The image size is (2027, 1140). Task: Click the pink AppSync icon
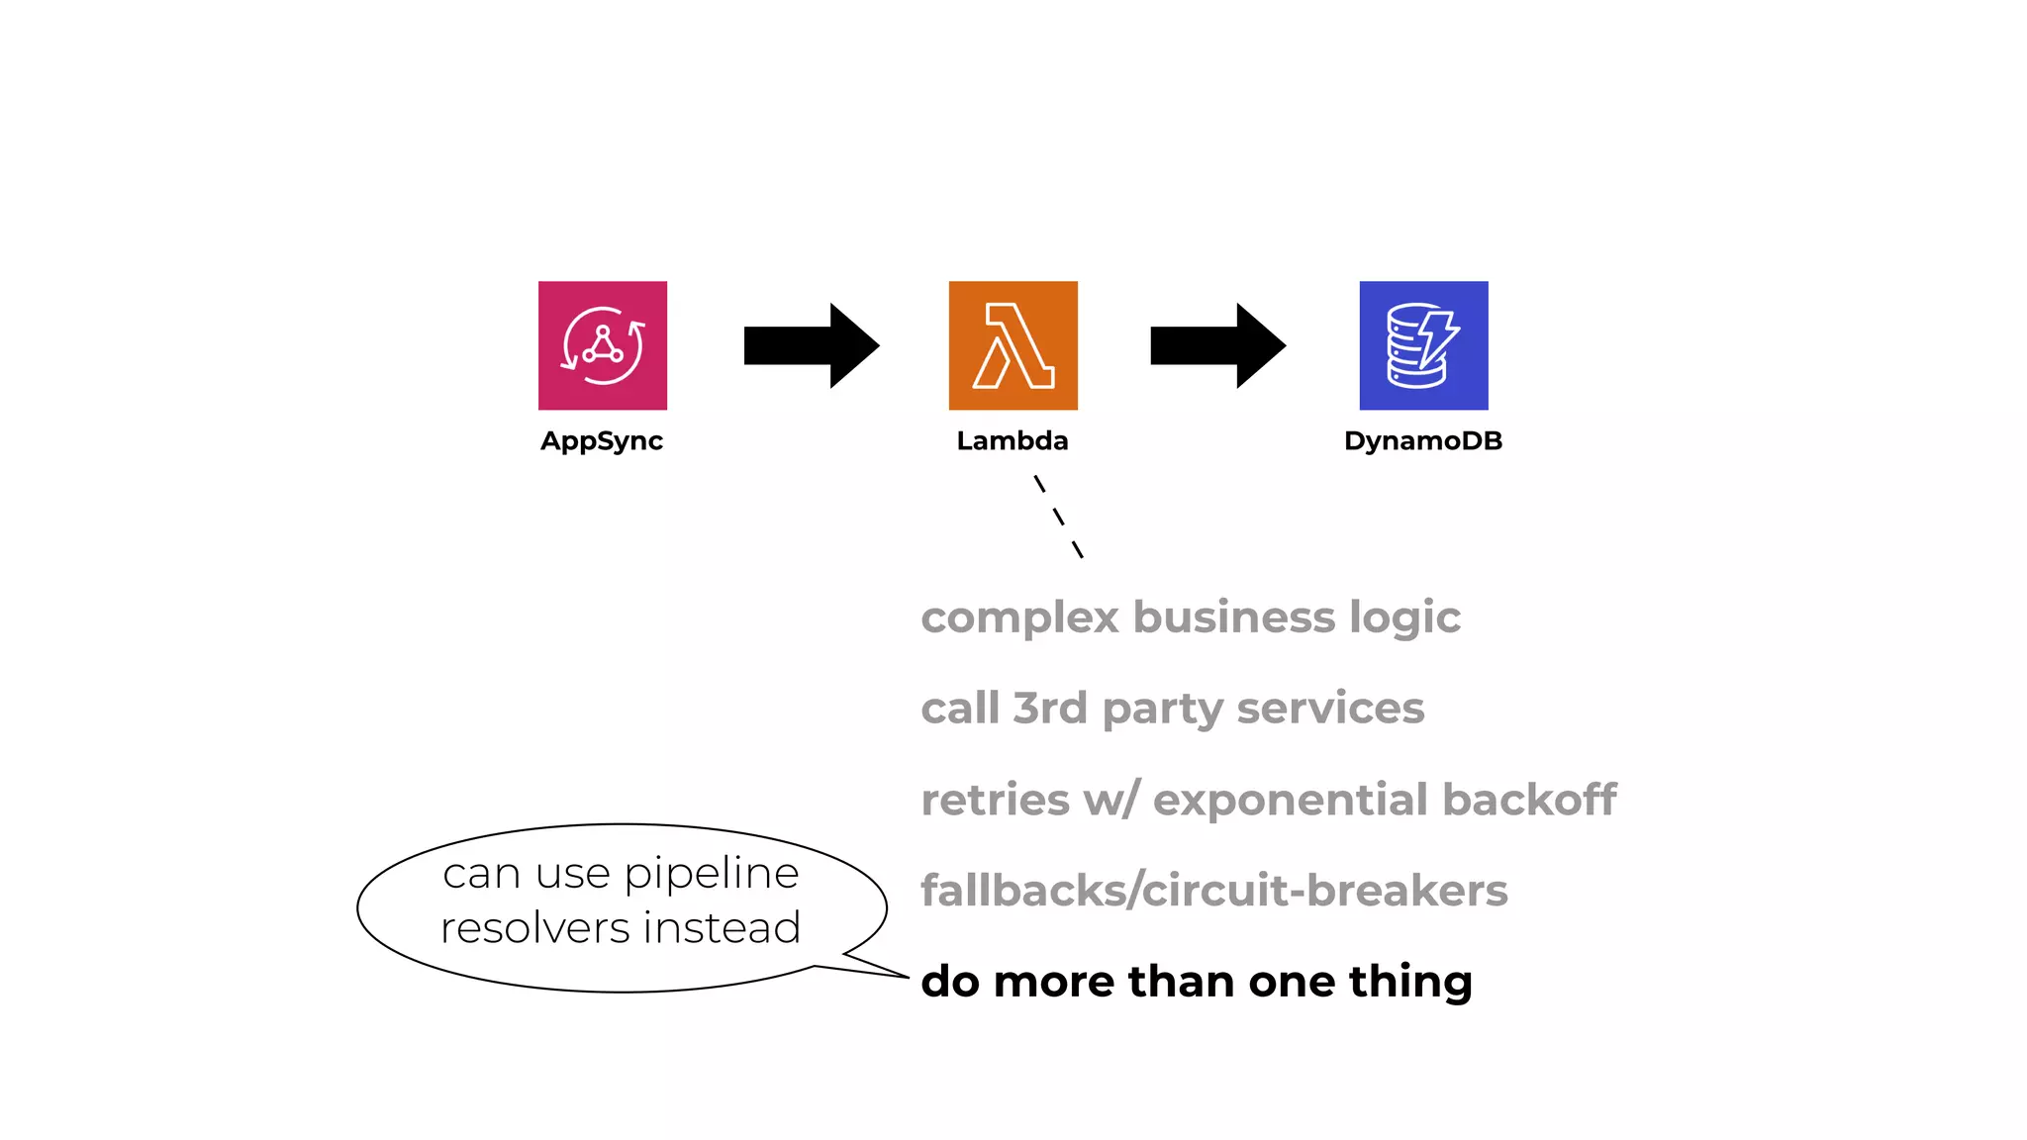click(602, 345)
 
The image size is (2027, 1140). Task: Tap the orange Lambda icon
click(1013, 345)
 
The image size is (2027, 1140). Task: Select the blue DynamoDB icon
click(1423, 345)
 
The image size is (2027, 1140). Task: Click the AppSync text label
click(602, 441)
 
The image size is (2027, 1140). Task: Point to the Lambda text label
click(1013, 441)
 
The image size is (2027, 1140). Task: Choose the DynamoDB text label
click(1423, 441)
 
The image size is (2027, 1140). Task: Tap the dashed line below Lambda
click(1058, 517)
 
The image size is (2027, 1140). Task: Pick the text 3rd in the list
click(1050, 709)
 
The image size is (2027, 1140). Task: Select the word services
click(1330, 709)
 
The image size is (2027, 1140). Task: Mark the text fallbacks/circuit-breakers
click(1214, 891)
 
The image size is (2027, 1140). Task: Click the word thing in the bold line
click(1410, 983)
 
